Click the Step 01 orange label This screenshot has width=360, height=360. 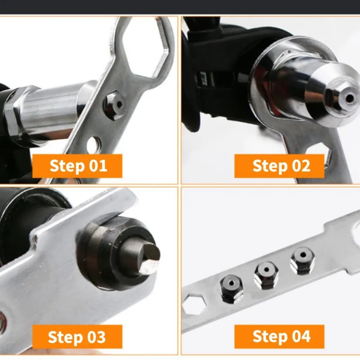coord(77,166)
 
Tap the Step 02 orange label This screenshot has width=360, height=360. coord(279,166)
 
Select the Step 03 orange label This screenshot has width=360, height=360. coord(77,337)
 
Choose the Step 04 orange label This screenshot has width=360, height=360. coord(279,337)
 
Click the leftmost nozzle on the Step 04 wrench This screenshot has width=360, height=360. coord(231,288)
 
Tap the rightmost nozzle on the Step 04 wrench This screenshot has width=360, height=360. coord(302,260)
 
